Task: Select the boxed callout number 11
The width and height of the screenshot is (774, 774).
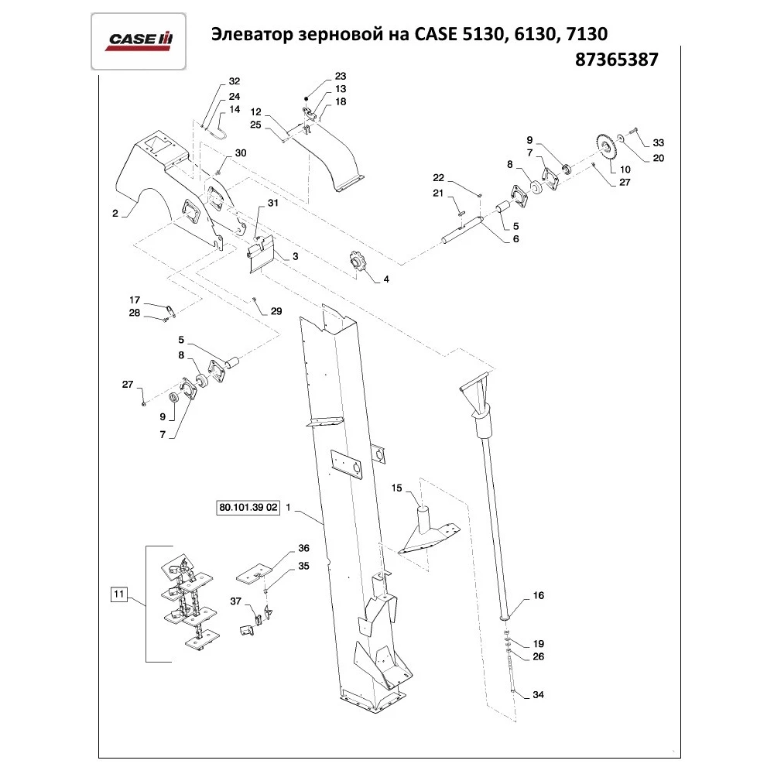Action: pyautogui.click(x=118, y=594)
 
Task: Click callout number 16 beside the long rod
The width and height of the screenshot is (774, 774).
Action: pyautogui.click(x=539, y=596)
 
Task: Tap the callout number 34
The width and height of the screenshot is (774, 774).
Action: pyautogui.click(x=539, y=695)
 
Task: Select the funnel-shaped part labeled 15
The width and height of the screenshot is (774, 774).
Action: pyautogui.click(x=426, y=530)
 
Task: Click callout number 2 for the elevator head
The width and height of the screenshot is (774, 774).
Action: pyautogui.click(x=115, y=214)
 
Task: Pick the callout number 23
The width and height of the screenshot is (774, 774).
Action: pyautogui.click(x=340, y=77)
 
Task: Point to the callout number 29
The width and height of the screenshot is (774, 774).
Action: pyautogui.click(x=276, y=311)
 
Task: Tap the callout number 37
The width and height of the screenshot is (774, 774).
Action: pyautogui.click(x=236, y=601)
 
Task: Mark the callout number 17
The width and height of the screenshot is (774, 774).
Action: pyautogui.click(x=134, y=300)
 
